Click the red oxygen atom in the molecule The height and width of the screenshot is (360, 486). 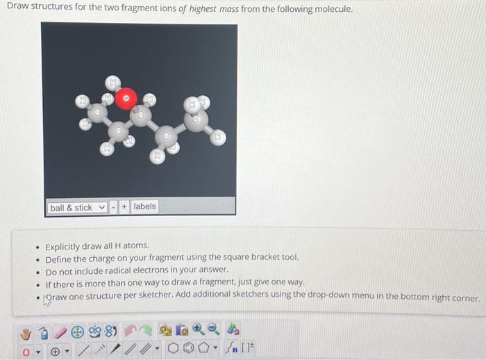tap(126, 98)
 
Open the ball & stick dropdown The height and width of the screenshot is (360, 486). tap(77, 208)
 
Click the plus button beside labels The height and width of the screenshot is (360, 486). tap(124, 207)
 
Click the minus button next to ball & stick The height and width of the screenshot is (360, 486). tap(114, 207)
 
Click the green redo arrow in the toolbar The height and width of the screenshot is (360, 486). tap(146, 330)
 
